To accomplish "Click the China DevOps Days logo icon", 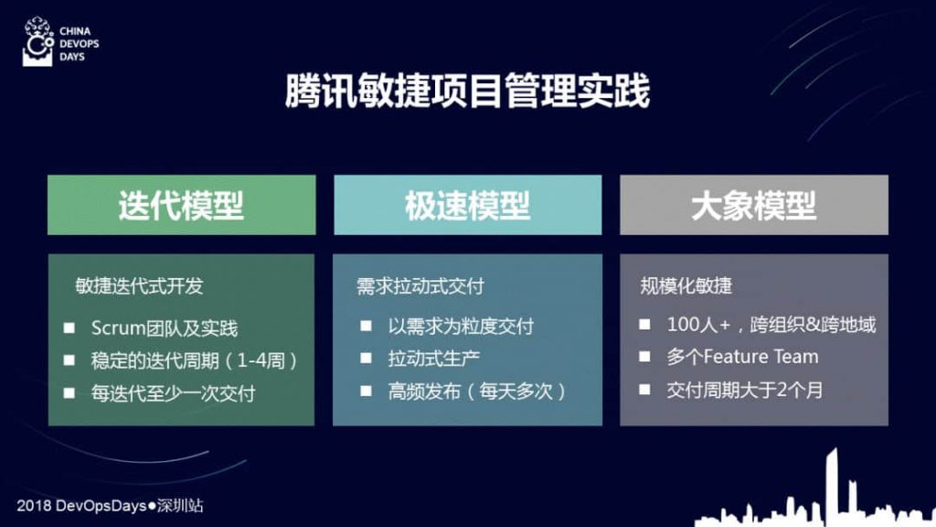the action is click(37, 41).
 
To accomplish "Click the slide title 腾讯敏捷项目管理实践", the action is click(467, 91).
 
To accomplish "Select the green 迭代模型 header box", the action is click(182, 205).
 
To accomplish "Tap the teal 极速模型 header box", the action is click(467, 205).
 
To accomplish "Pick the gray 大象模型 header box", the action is click(754, 205).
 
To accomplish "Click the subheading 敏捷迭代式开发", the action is click(140, 286).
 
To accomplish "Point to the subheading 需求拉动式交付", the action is click(420, 286).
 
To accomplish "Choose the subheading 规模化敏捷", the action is click(686, 286).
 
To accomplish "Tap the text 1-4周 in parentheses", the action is click(261, 360).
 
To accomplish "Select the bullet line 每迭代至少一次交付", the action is click(173, 393).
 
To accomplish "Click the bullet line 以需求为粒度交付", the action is click(461, 327).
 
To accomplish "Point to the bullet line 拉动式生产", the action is click(434, 359).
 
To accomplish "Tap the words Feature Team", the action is click(761, 357).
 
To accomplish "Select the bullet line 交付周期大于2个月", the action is click(745, 390).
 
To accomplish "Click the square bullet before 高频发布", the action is click(366, 391).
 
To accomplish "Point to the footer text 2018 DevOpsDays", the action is click(81, 505).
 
